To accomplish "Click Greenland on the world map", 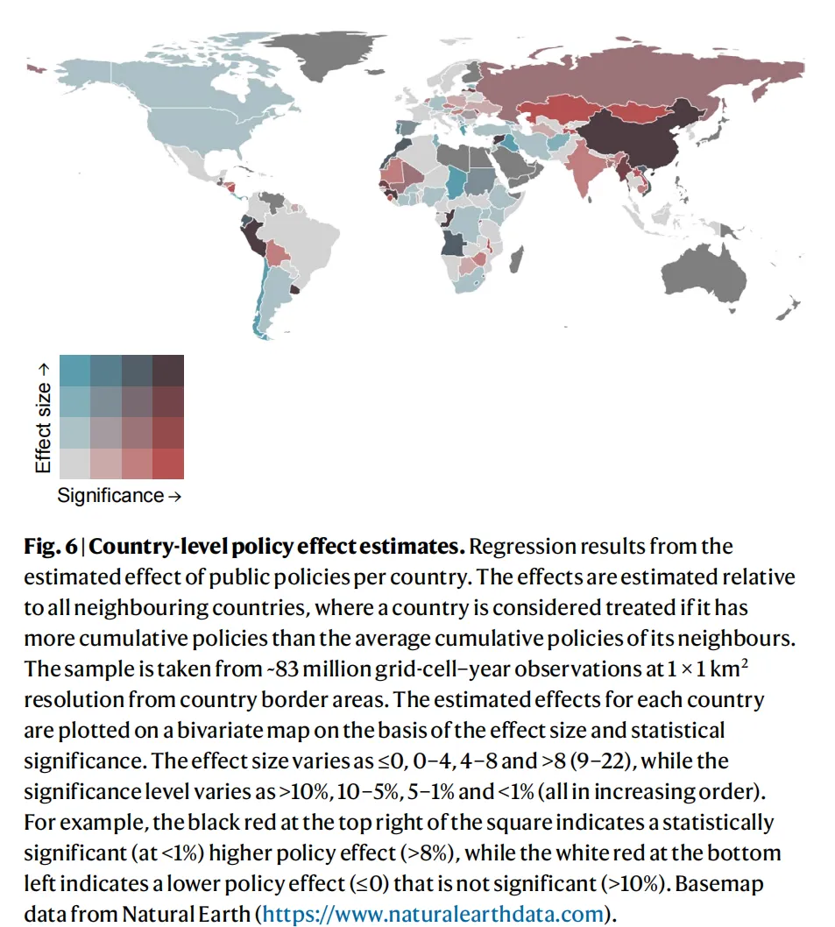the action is [319, 53].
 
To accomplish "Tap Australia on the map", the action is [704, 275].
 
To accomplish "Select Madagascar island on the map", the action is [516, 260].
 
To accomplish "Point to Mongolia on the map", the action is [641, 111].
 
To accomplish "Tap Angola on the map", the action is [453, 243].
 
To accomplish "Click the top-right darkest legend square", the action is [168, 371].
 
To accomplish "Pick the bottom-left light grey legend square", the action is [75, 463].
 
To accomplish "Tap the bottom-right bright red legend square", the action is [168, 463].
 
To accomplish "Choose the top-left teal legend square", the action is [75, 371].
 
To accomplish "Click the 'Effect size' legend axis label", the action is [43, 419].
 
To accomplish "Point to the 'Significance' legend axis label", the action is [119, 495].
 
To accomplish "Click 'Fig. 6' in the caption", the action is [51, 546].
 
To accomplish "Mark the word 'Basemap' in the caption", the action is [719, 883].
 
